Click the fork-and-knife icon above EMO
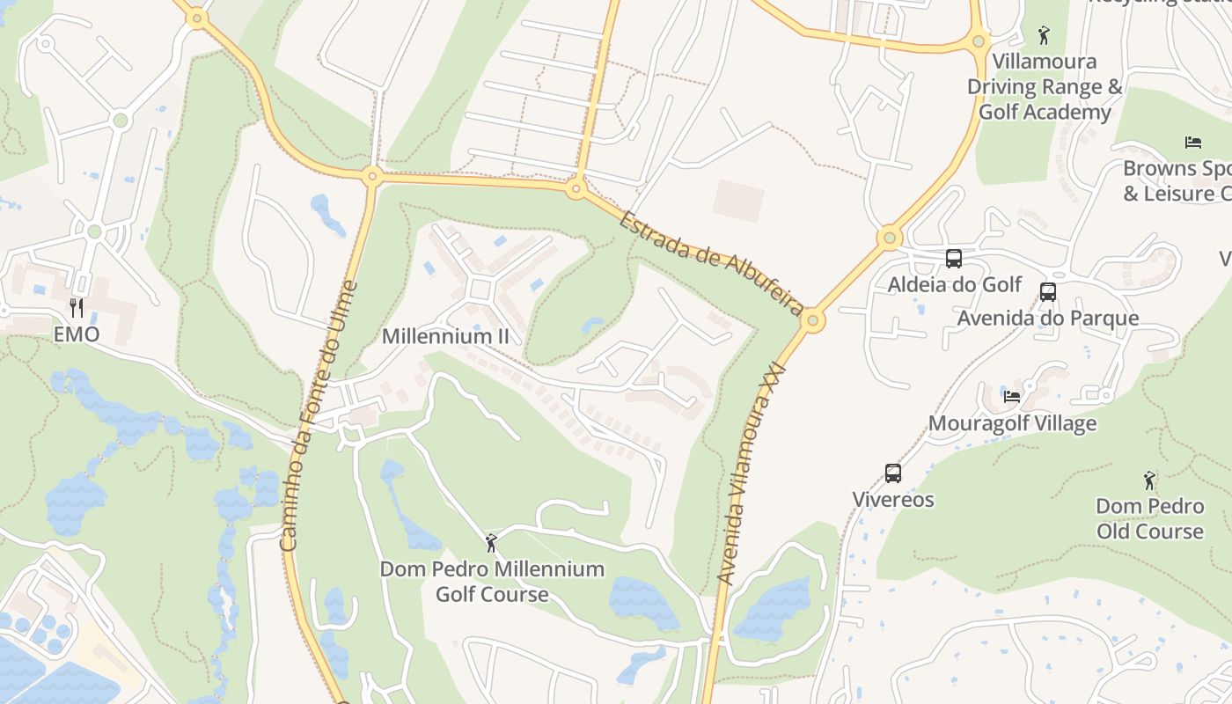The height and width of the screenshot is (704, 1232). tap(77, 307)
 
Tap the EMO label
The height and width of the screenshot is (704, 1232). tap(77, 334)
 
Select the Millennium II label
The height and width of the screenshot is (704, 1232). tap(445, 336)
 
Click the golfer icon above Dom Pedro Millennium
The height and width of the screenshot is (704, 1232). tap(491, 543)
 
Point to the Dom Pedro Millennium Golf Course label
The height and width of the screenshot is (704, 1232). tap(492, 582)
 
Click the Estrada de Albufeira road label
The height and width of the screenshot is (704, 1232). tap(711, 262)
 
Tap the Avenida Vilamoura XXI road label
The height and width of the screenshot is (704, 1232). tap(750, 475)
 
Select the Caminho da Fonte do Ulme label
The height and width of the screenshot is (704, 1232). tap(319, 415)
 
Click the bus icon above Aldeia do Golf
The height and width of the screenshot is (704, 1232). tap(954, 259)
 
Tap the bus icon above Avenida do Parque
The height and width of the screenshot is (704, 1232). tap(1048, 292)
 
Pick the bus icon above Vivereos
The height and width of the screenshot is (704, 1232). tap(893, 473)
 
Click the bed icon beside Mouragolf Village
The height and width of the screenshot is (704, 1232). tap(1012, 397)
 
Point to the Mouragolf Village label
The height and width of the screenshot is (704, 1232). tap(1012, 423)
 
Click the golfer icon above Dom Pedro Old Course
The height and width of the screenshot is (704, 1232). tap(1149, 480)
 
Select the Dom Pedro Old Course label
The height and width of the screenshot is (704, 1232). tap(1149, 518)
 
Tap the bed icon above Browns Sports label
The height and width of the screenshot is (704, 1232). tap(1193, 143)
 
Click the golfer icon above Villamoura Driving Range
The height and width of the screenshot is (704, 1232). tap(1044, 35)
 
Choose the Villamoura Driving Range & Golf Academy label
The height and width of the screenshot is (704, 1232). tap(1045, 87)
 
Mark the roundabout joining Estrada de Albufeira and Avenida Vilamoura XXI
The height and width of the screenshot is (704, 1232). tap(813, 320)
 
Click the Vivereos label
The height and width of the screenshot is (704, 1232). tap(893, 500)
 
